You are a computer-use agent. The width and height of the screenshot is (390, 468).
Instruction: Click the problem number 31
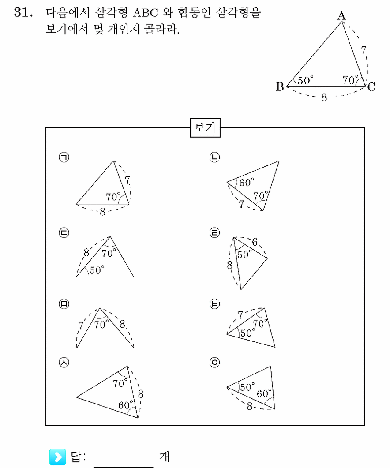[23, 12]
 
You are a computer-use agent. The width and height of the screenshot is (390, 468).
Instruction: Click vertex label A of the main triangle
[341, 15]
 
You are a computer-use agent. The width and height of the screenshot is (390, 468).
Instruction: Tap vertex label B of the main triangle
[280, 86]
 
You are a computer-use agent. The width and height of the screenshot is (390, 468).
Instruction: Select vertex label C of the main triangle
[371, 87]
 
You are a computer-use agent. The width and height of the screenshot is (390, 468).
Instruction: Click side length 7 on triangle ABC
[364, 49]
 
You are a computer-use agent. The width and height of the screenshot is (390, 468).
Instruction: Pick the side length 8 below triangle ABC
[324, 97]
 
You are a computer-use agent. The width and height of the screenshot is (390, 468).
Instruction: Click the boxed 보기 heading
[205, 128]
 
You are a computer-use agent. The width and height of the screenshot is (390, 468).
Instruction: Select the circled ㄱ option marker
[64, 157]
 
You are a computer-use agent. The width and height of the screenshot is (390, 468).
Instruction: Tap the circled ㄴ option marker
[214, 157]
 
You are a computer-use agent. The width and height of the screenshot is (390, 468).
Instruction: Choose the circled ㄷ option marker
[64, 232]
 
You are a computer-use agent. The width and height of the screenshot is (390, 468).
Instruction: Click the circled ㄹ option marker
[214, 232]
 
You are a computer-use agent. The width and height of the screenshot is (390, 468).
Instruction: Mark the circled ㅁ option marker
[64, 304]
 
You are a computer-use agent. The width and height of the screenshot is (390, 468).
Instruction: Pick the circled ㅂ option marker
[214, 304]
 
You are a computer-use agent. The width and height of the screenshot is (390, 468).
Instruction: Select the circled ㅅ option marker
[64, 362]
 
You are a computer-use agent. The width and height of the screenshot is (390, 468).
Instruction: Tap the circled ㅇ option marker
[214, 362]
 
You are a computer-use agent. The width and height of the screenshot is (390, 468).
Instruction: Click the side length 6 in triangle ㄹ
[255, 242]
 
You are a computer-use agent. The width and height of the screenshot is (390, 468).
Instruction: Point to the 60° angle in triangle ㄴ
[247, 182]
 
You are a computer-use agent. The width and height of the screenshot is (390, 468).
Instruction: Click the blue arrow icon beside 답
[57, 457]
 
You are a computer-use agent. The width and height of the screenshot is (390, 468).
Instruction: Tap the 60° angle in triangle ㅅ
[126, 405]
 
